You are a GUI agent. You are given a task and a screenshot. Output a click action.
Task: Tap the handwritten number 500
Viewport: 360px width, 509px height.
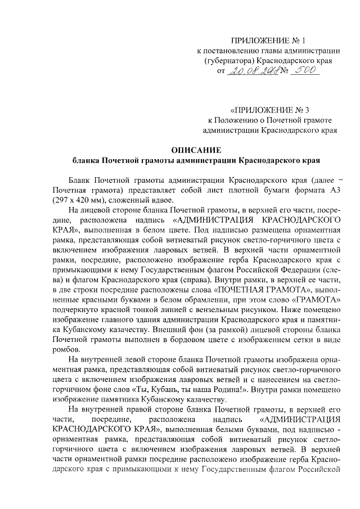pos(303,71)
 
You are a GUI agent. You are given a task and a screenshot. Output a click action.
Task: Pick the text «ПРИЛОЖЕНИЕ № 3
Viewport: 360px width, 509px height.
pos(269,110)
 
